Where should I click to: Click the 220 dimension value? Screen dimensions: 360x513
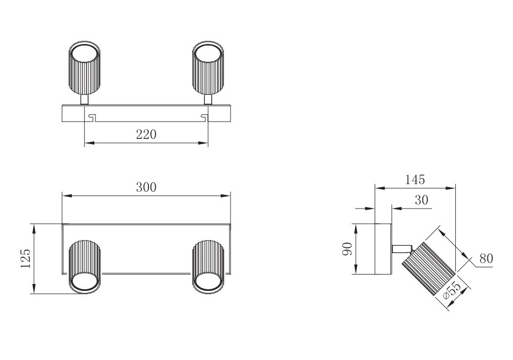(x=146, y=135)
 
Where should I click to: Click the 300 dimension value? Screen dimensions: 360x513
(x=146, y=188)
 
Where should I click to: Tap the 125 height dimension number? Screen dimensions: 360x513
(x=26, y=258)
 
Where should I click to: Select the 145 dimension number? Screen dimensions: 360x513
(x=415, y=180)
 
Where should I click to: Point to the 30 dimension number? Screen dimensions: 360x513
(x=421, y=200)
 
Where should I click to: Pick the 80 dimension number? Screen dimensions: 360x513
(x=486, y=258)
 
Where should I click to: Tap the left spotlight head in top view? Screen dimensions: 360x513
(x=84, y=68)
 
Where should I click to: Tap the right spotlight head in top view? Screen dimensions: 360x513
(x=208, y=68)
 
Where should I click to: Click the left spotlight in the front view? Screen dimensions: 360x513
(x=84, y=267)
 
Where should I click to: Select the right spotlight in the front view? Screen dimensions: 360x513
(x=208, y=267)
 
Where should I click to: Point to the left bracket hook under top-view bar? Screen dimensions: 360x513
(x=91, y=116)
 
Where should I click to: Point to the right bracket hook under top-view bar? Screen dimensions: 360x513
(x=204, y=116)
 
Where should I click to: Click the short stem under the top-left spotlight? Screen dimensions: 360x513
(x=84, y=100)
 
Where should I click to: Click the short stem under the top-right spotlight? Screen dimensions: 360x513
(x=208, y=100)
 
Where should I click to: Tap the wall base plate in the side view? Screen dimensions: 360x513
(x=383, y=249)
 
